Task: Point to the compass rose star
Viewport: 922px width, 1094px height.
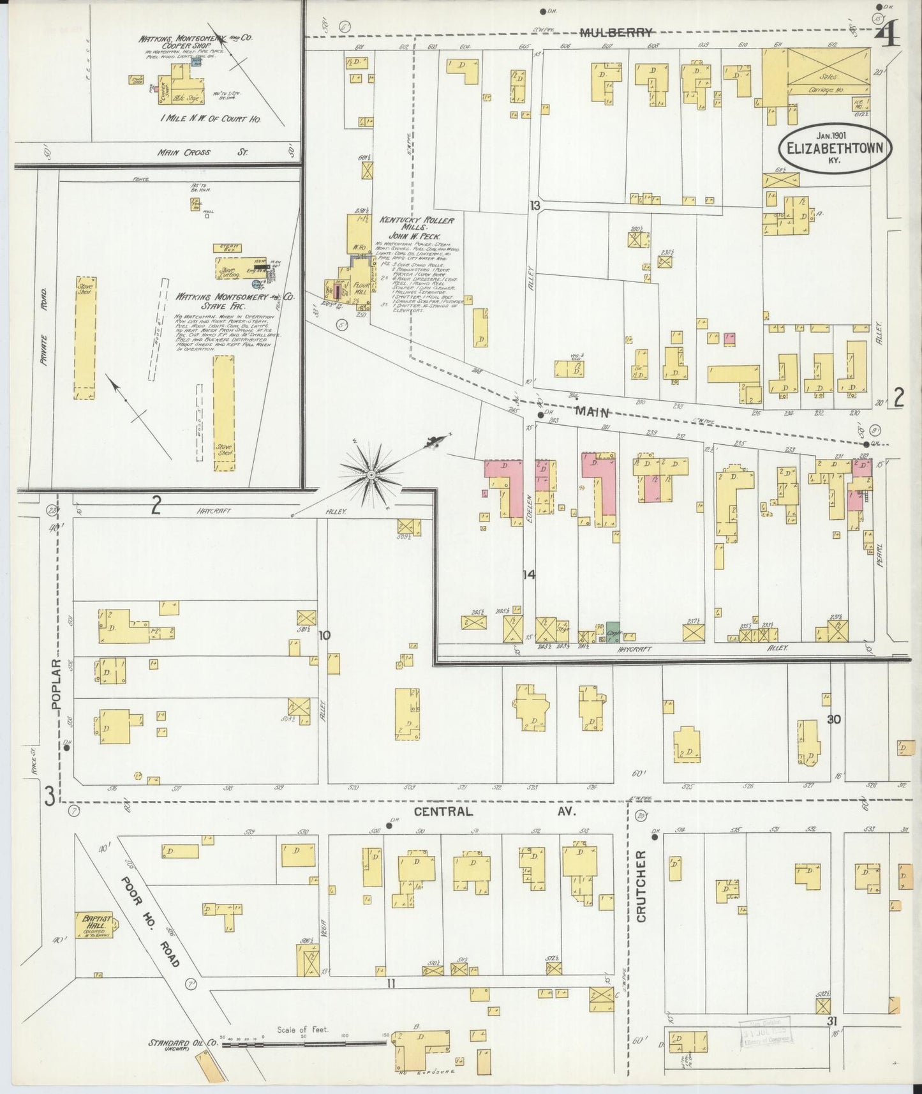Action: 371,475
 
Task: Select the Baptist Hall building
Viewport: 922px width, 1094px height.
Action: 97,924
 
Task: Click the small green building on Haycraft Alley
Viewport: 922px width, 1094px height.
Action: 613,632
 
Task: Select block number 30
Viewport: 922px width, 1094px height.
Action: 833,719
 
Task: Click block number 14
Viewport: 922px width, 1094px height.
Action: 528,575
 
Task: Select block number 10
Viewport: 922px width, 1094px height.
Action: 325,635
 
